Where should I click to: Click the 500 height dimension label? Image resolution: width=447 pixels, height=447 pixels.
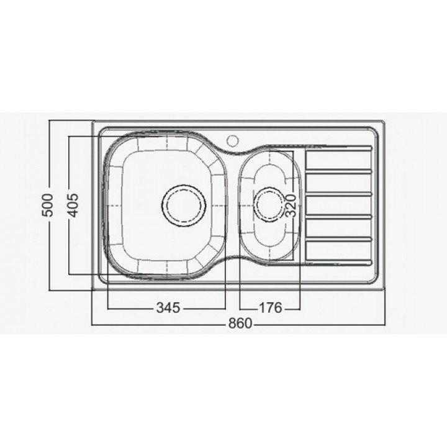coord(47,205)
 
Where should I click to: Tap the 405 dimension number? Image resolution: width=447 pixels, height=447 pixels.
coord(73,205)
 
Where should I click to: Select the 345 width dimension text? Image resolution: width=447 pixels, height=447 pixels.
coord(168,307)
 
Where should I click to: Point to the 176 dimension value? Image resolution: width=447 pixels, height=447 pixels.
coord(270,307)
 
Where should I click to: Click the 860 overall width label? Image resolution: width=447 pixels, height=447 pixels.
coord(240,323)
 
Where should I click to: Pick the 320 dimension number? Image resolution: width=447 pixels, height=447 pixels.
coord(291,205)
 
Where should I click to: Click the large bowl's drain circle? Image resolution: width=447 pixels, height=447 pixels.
coord(184,205)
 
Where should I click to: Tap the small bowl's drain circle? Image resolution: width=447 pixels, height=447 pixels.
coord(269,204)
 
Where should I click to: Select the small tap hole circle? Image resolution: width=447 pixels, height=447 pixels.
coord(233,140)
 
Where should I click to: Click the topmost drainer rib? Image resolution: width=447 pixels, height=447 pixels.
coord(339,147)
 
